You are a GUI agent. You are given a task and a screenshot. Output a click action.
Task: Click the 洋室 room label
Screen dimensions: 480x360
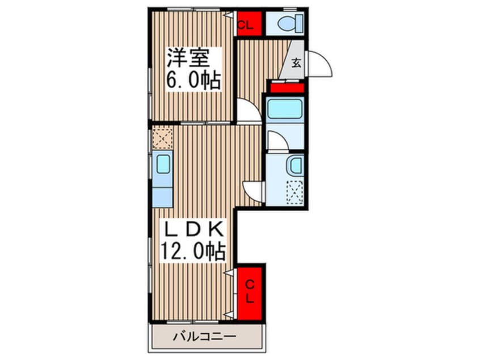[x=188, y=58]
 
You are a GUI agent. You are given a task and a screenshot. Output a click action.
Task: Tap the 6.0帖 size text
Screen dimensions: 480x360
[x=193, y=80]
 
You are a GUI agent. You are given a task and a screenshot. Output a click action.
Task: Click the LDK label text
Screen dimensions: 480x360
[x=193, y=229]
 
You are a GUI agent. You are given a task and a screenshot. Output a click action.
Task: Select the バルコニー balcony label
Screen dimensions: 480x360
[x=205, y=337]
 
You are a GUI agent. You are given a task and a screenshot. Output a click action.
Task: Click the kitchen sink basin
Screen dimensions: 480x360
[x=163, y=164]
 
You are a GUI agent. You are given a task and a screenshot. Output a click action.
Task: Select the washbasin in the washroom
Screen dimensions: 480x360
[x=295, y=166]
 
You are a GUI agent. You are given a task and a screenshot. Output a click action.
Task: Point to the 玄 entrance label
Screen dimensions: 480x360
[x=296, y=63]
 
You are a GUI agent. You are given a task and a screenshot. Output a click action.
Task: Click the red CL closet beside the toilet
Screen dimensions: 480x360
[x=250, y=23]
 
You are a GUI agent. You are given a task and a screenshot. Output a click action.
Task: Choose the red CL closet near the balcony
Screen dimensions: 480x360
[x=250, y=293]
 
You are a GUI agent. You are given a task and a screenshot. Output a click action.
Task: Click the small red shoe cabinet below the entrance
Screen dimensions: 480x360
[x=287, y=88]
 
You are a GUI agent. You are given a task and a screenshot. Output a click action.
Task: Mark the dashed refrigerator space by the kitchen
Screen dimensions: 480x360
[x=162, y=139]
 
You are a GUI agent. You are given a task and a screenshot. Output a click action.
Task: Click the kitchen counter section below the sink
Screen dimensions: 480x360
[x=162, y=197]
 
